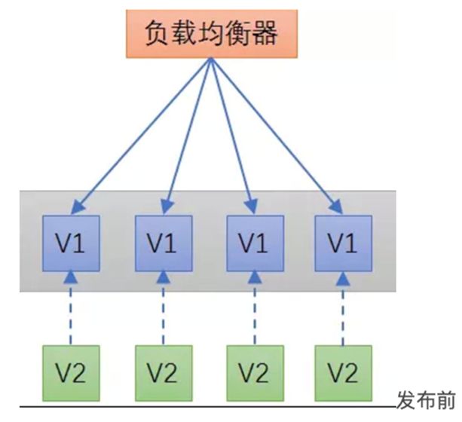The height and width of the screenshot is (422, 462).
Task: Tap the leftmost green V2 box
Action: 70,371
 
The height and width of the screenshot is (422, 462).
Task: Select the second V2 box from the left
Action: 163,371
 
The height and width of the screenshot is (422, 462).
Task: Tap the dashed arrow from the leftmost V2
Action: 70,309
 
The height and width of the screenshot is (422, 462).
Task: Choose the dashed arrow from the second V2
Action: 163,309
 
